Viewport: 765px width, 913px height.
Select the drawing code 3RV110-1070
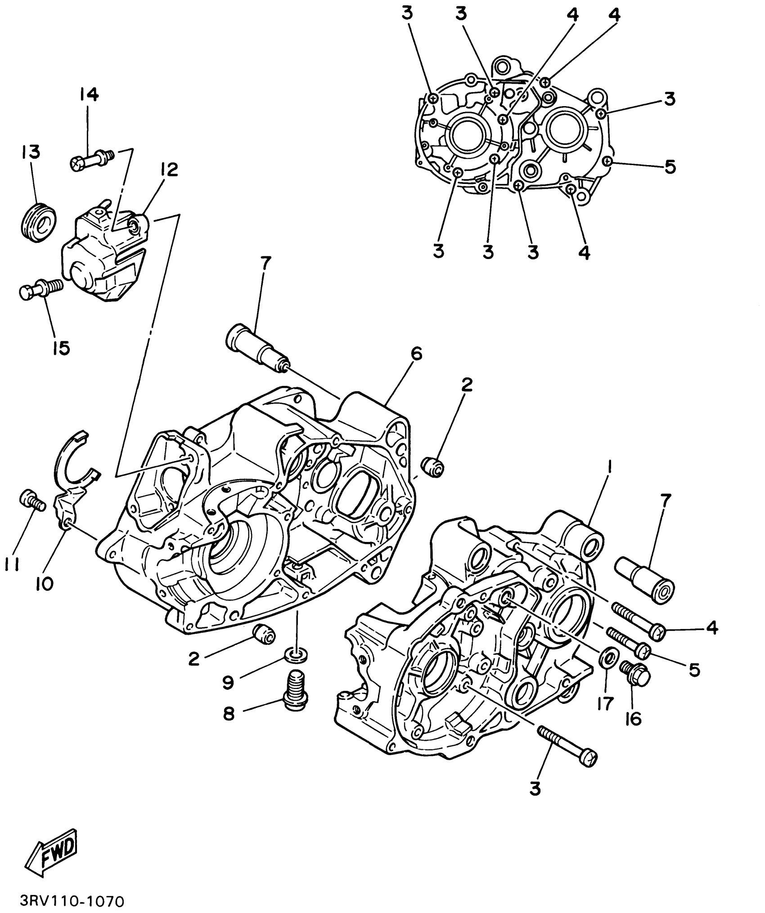point(72,901)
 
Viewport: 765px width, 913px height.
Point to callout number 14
point(89,95)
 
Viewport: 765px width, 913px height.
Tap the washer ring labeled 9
point(296,656)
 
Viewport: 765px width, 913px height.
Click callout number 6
point(416,354)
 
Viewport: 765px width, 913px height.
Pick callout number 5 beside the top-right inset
point(670,167)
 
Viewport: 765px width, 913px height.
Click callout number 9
point(228,682)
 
